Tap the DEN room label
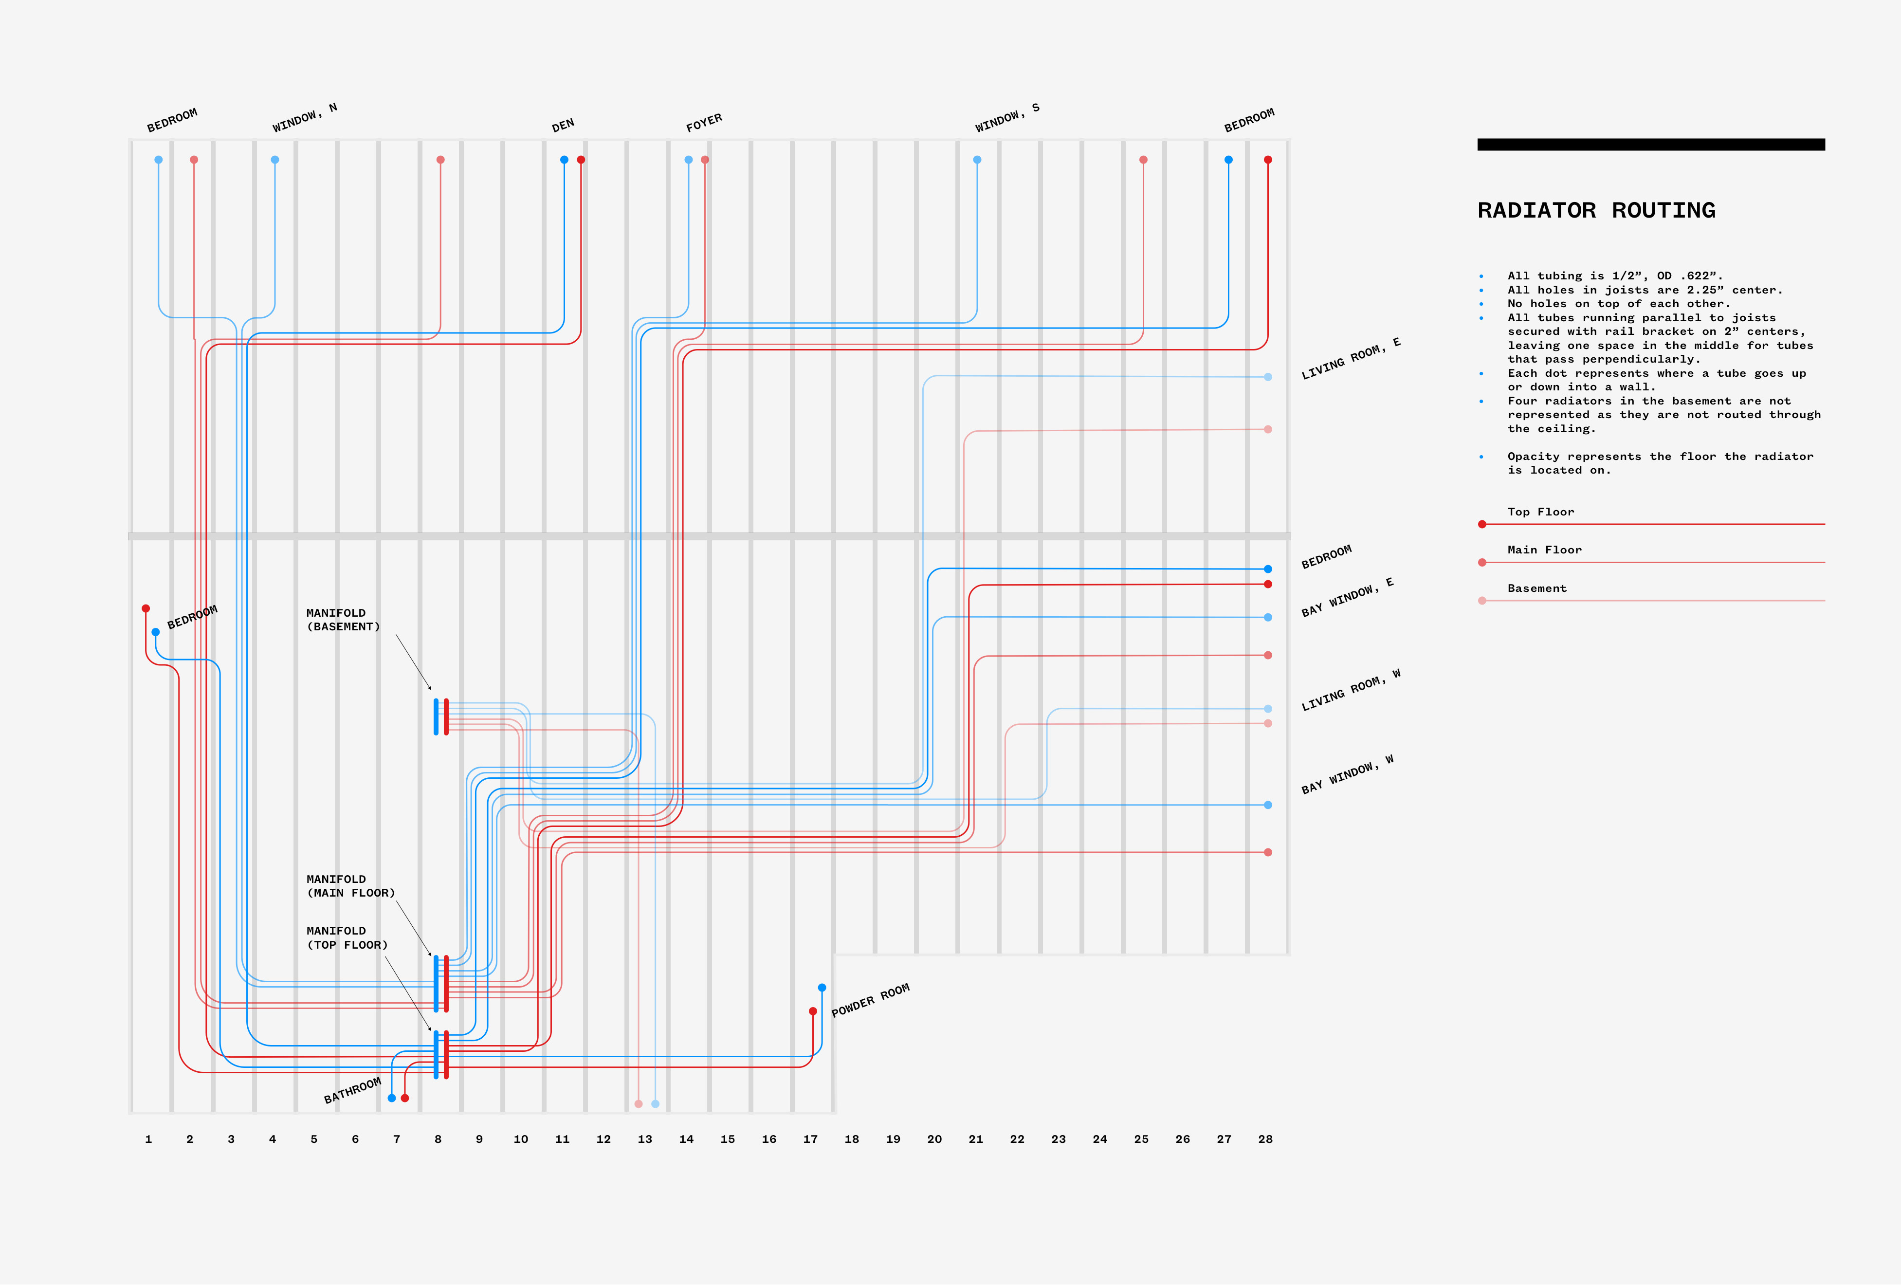[x=563, y=125]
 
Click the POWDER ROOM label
[x=870, y=1000]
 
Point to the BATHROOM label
[x=352, y=1090]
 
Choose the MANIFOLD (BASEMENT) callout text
[x=343, y=620]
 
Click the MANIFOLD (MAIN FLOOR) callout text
[x=350, y=886]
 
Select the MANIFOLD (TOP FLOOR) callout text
[x=347, y=937]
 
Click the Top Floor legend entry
[x=1540, y=512]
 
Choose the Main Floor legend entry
[x=1544, y=550]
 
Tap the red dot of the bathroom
[x=405, y=1098]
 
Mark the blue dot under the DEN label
[x=564, y=160]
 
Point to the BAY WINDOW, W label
[x=1346, y=774]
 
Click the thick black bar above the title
[x=1651, y=145]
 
